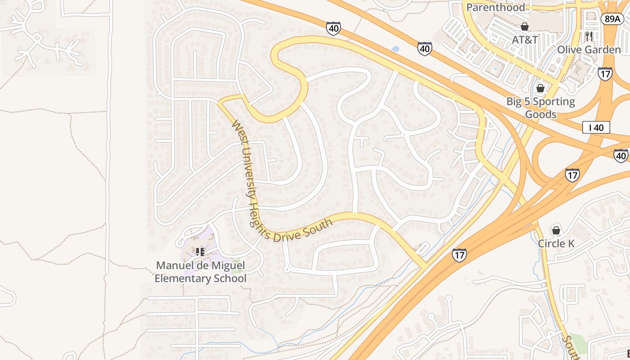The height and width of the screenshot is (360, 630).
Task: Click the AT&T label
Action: (x=525, y=40)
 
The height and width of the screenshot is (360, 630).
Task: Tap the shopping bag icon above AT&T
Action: (x=525, y=27)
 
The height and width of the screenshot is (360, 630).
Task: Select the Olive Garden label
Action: (x=589, y=49)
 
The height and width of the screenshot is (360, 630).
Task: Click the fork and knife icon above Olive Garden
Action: (x=589, y=36)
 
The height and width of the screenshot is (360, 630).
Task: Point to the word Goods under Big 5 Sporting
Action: (x=540, y=114)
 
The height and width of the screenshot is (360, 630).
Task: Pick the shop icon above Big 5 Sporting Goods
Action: (x=540, y=88)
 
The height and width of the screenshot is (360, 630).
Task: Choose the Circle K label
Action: (x=556, y=243)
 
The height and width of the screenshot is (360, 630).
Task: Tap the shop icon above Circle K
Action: (x=556, y=230)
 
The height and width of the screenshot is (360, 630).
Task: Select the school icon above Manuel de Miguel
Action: (x=200, y=252)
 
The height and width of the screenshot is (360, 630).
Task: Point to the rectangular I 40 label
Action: (x=596, y=128)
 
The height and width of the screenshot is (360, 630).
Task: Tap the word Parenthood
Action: (x=495, y=7)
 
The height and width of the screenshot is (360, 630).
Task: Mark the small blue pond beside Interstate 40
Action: (x=395, y=49)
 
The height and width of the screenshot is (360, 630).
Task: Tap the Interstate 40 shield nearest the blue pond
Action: (x=424, y=48)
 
